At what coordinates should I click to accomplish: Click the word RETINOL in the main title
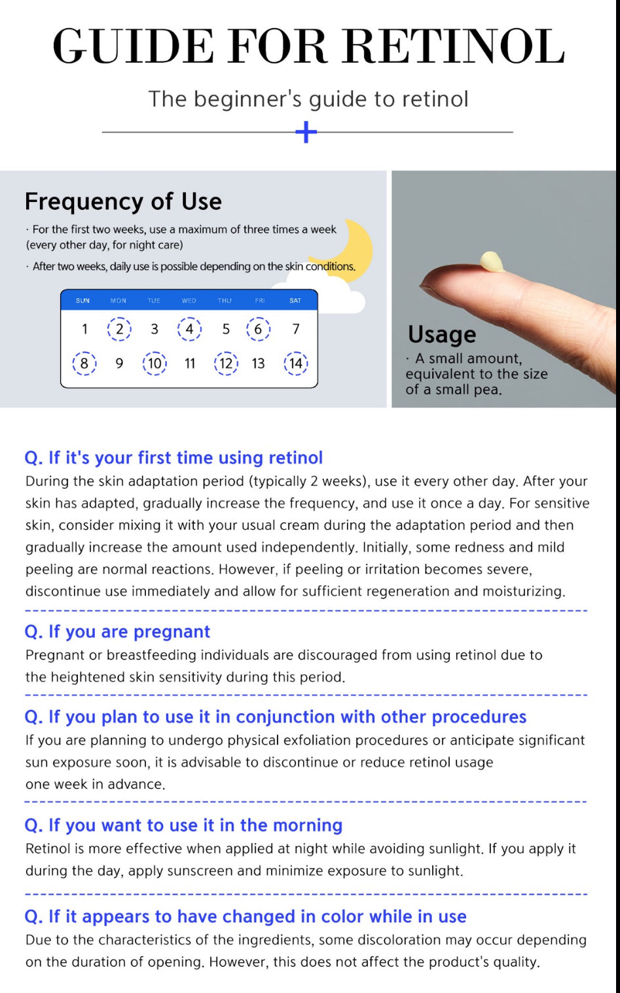(x=453, y=47)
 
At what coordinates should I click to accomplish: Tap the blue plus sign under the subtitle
(x=306, y=132)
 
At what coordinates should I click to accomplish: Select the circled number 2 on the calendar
(x=119, y=328)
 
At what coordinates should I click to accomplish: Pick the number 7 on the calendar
(x=296, y=328)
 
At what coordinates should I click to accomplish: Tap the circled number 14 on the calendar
(x=296, y=363)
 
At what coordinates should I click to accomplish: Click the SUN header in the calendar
(x=82, y=301)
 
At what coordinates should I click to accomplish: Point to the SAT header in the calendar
(x=295, y=301)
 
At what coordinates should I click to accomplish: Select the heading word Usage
(x=442, y=334)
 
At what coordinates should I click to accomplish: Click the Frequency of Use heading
(x=123, y=201)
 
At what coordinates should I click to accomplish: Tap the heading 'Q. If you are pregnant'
(x=117, y=631)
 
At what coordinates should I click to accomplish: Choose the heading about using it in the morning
(x=183, y=825)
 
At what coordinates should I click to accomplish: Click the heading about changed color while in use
(x=245, y=916)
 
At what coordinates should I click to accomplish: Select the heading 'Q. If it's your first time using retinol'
(x=173, y=457)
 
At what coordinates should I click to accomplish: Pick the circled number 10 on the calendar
(x=155, y=363)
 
